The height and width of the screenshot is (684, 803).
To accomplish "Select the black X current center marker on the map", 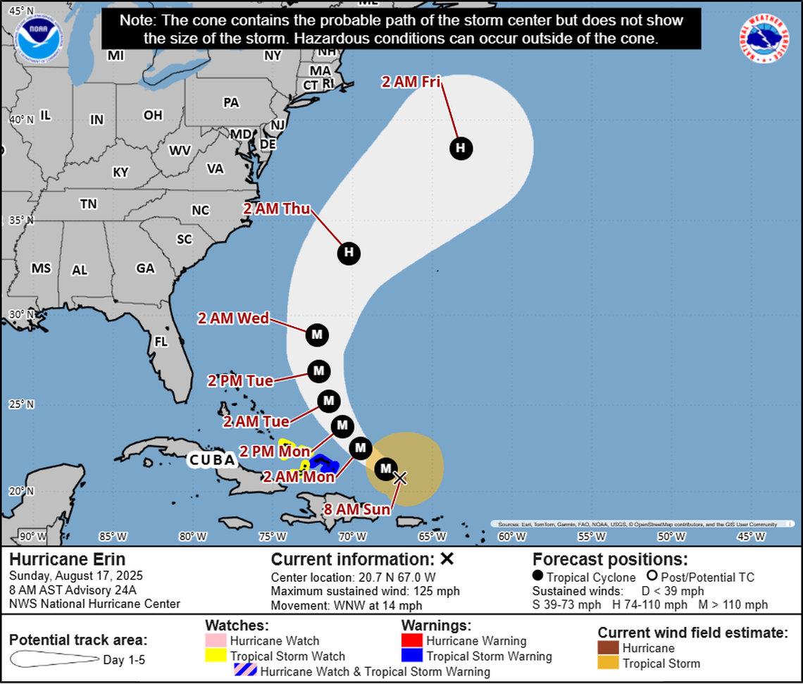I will click(399, 478).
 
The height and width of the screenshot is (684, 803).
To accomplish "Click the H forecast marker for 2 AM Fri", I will click(461, 148).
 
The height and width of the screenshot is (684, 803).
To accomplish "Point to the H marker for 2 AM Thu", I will click(349, 253).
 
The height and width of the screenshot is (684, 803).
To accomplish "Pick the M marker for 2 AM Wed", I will click(316, 335).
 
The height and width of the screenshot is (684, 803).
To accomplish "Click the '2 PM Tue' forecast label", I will click(240, 380).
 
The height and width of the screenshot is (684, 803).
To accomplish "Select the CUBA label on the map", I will click(212, 460).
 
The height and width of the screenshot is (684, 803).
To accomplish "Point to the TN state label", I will click(88, 204).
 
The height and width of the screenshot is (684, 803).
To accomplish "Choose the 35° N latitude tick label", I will click(20, 220).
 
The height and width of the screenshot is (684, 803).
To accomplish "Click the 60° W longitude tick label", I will click(512, 536).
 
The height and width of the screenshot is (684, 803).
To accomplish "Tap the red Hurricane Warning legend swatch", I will click(412, 641).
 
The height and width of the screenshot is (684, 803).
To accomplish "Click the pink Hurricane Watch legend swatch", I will click(216, 641).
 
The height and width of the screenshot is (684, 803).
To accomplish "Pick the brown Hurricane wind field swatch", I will click(609, 648).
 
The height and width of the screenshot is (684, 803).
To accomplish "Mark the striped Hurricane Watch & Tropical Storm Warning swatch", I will click(246, 671).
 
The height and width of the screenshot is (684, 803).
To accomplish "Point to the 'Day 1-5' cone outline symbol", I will click(55, 660).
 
